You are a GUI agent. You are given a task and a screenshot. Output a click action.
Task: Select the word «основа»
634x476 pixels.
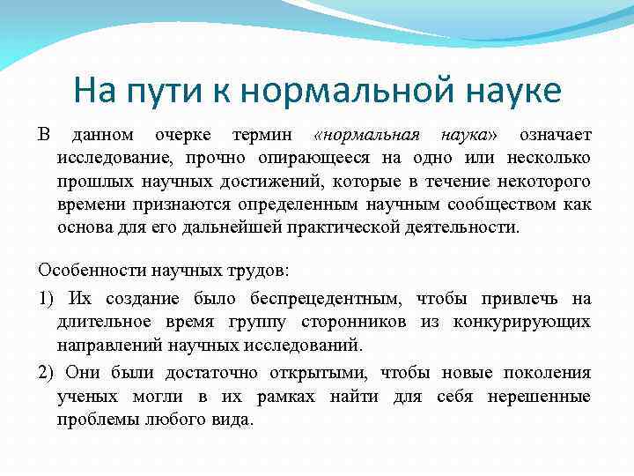pyautogui.click(x=86, y=227)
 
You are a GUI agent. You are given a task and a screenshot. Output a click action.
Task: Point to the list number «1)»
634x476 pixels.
pyautogui.click(x=47, y=300)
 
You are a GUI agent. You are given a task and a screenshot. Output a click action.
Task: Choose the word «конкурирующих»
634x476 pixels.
pyautogui.click(x=522, y=323)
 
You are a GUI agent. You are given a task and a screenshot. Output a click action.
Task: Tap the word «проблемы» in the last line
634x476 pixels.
pyautogui.click(x=95, y=420)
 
